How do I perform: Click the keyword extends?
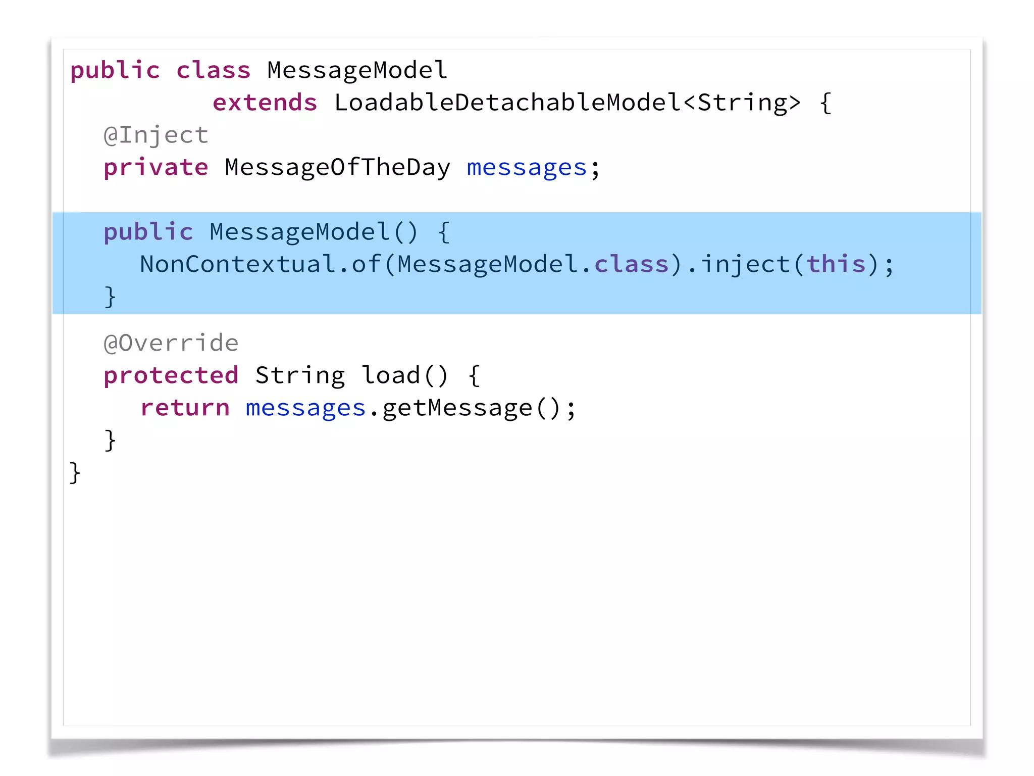coord(265,103)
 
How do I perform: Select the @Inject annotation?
coord(156,135)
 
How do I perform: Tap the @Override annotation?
coord(171,343)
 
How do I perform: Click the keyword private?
coord(156,167)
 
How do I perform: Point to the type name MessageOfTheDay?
coord(337,167)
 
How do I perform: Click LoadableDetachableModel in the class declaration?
coord(507,103)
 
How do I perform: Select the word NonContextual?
coord(237,264)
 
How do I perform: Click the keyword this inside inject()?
coord(836,264)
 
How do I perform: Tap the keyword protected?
coord(171,375)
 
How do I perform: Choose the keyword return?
coord(185,408)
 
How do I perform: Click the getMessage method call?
coord(457,408)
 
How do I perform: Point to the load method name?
coord(391,375)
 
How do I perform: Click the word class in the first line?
coord(213,70)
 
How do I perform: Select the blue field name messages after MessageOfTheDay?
coord(527,167)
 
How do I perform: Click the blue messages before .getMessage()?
coord(305,408)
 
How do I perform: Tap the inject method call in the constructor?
coord(745,264)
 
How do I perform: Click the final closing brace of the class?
coord(75,473)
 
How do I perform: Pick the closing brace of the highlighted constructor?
coord(110,297)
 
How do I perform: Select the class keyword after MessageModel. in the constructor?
coord(632,264)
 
